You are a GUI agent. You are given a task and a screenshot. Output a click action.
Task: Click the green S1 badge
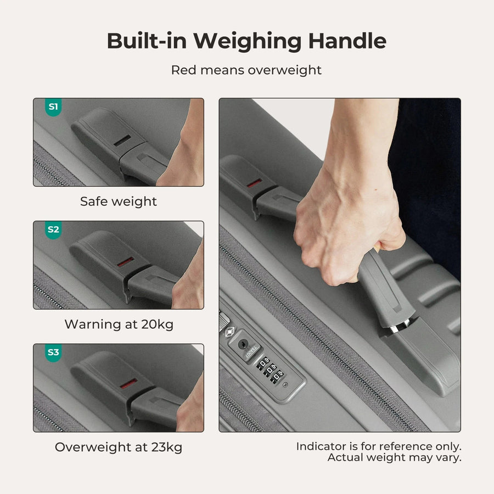pyautogui.click(x=53, y=107)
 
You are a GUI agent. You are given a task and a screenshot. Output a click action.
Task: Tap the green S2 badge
pyautogui.click(x=53, y=229)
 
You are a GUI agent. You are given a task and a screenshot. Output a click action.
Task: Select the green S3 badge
pyautogui.click(x=53, y=352)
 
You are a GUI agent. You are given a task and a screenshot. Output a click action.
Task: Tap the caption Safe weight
pyautogui.click(x=119, y=201)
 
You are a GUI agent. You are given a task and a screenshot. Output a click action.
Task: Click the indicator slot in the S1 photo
pyautogui.click(x=122, y=141)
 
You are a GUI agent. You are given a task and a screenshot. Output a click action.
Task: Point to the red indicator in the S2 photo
pyautogui.click(x=125, y=262)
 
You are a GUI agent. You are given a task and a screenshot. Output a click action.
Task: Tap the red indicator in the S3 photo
pyautogui.click(x=128, y=384)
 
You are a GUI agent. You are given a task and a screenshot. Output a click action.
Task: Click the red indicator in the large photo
pyautogui.click(x=254, y=183)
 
